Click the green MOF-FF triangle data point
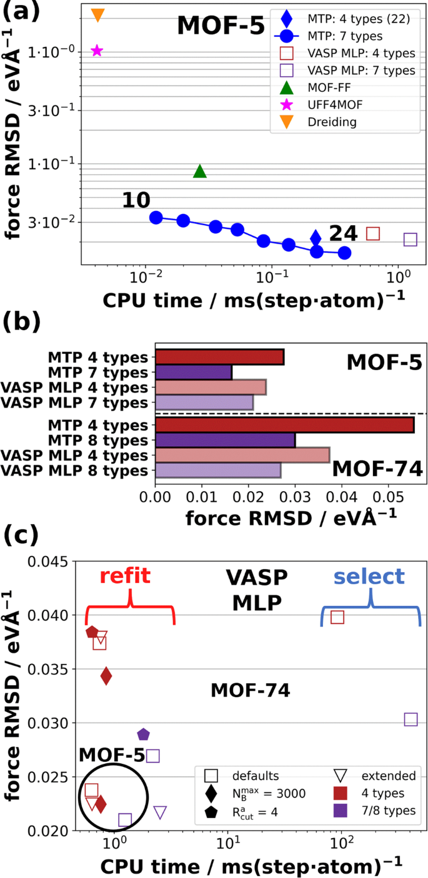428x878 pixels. (x=200, y=171)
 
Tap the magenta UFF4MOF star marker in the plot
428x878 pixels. (x=97, y=51)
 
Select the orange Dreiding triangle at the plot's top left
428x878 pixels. (x=97, y=14)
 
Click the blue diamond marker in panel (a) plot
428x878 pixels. (x=316, y=237)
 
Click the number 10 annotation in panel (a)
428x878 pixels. (x=136, y=200)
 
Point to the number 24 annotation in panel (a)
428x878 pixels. (x=343, y=233)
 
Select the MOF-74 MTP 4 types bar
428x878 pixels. (x=284, y=425)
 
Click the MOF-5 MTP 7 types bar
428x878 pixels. (x=193, y=373)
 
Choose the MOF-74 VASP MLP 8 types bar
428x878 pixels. (x=217, y=470)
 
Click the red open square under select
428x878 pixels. (x=337, y=617)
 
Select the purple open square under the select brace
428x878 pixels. (x=411, y=719)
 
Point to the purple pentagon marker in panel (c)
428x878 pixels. (x=143, y=734)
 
